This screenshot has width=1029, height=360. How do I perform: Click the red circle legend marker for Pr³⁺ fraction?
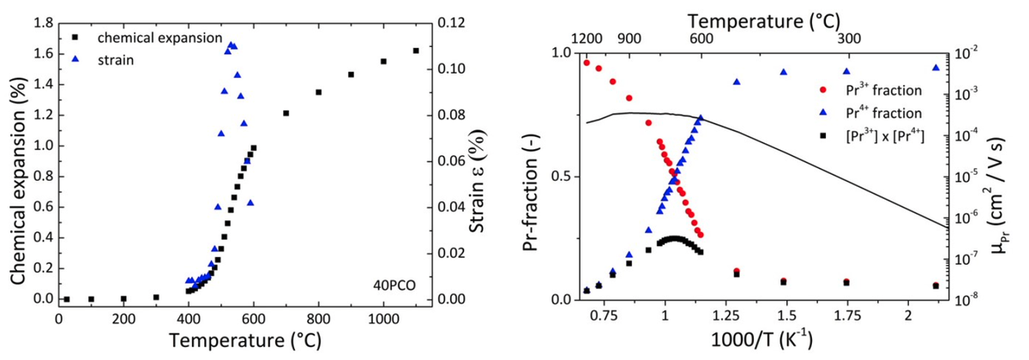click(822, 89)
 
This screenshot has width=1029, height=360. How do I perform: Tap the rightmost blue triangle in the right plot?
click(936, 68)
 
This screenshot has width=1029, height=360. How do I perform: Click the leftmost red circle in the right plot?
click(587, 63)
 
